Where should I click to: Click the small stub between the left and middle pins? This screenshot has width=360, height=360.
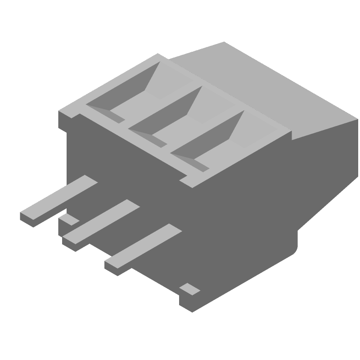pos(68,220)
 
